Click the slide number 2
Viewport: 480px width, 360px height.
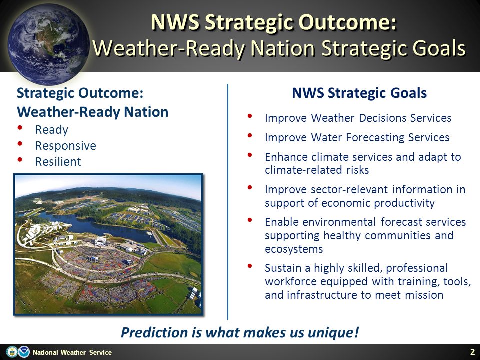point(472,351)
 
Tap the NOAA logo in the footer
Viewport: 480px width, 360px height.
point(24,352)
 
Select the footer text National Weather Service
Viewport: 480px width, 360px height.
point(72,352)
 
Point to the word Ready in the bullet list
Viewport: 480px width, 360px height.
point(51,130)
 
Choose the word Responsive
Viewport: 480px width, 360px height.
point(66,146)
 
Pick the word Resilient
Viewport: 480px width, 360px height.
point(58,161)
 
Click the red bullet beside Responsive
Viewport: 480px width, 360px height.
point(20,143)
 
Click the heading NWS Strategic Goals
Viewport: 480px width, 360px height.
point(359,93)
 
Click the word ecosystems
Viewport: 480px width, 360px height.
point(294,249)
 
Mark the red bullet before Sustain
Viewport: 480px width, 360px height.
point(250,266)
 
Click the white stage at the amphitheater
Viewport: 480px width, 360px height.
point(100,241)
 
